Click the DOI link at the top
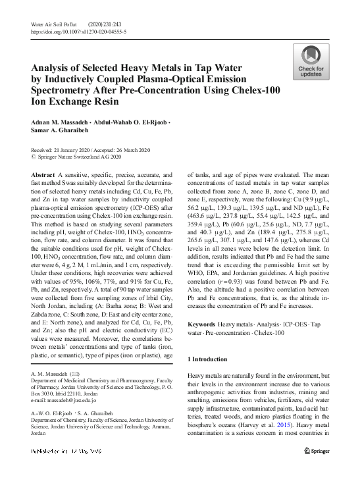coord(79,31)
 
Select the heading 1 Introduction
coord(208,359)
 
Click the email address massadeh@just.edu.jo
coord(64,399)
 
